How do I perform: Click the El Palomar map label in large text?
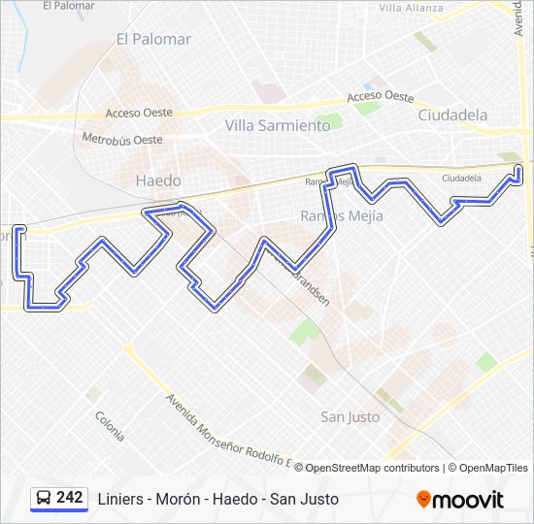(x=153, y=40)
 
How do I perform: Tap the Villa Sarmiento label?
(x=278, y=125)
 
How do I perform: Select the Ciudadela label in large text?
(x=452, y=115)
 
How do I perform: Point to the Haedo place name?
(x=158, y=180)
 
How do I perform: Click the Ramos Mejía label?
(x=342, y=215)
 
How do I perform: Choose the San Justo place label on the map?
(x=350, y=416)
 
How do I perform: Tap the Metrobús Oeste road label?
(x=122, y=140)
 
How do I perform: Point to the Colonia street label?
(x=110, y=426)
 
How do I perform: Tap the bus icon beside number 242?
(x=44, y=498)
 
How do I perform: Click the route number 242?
(x=70, y=497)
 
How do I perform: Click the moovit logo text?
(x=469, y=500)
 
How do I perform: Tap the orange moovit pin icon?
(x=423, y=499)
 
